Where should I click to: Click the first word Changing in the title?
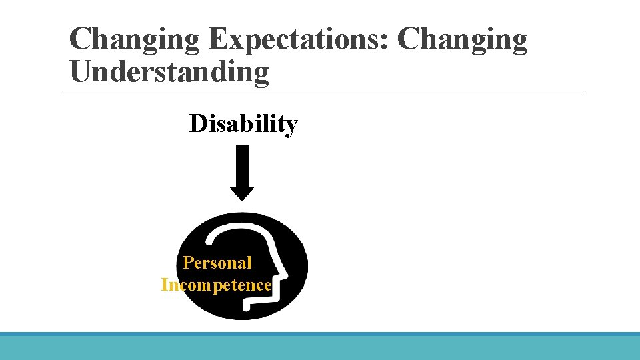click(x=134, y=40)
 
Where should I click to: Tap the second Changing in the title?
click(x=462, y=40)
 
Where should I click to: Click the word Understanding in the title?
click(x=169, y=72)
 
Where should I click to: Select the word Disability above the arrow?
click(x=243, y=124)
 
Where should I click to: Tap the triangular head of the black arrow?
click(x=243, y=193)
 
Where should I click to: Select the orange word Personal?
click(x=217, y=263)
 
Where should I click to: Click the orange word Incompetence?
click(x=216, y=285)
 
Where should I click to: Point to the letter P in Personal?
click(x=188, y=263)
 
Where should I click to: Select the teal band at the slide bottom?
click(x=320, y=347)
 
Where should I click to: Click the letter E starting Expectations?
click(x=217, y=40)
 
